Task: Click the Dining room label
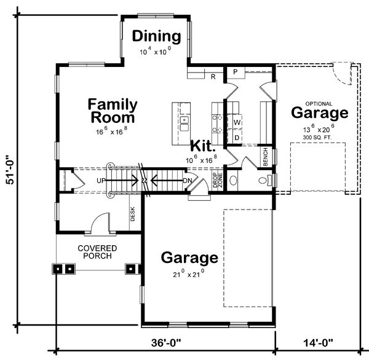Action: pos(156,36)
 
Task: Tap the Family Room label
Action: pos(113,111)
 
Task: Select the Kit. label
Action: pos(202,146)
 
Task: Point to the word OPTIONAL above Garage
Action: pos(319,104)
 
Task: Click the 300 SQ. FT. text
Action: pos(317,138)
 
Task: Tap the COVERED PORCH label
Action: pos(97,252)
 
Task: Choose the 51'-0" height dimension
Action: pos(10,170)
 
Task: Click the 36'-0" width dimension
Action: pos(166,343)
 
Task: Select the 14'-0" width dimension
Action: pos(318,343)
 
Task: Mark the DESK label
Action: pos(132,214)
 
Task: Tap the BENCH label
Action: pos(266,157)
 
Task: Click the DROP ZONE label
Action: pos(218,180)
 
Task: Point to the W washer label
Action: pos(237,122)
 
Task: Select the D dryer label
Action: pos(237,138)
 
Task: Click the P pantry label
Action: pos(236,72)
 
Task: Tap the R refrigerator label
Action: pos(213,77)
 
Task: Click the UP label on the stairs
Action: pos(101,181)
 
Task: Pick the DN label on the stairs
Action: pos(188,181)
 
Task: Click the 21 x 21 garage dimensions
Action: pos(189,273)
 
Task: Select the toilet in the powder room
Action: pos(264,180)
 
